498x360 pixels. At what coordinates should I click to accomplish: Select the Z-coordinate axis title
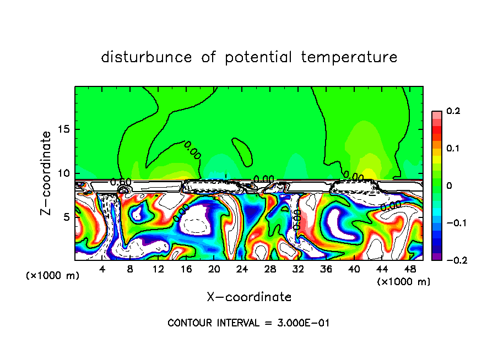pos(47,173)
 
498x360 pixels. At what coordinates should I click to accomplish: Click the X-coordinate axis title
pos(249,297)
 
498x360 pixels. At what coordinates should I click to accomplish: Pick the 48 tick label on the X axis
pos(409,269)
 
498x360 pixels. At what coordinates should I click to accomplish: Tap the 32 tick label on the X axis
pos(298,269)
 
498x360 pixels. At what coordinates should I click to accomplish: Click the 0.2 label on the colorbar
pos(453,111)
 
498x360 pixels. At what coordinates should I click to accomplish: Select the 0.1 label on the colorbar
pos(453,149)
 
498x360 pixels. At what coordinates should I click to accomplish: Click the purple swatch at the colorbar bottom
pos(436,257)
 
